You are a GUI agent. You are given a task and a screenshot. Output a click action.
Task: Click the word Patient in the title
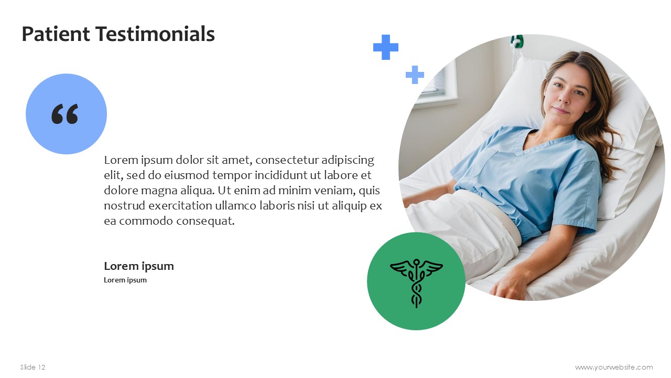tap(56, 34)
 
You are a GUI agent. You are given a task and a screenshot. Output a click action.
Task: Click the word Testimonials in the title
tap(155, 34)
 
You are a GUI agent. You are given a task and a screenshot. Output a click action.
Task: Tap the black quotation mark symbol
tap(64, 114)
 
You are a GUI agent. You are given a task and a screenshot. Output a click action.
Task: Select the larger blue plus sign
tap(386, 47)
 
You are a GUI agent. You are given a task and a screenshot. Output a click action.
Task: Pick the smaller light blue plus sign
tap(415, 75)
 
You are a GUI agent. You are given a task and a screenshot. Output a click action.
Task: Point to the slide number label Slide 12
tap(33, 367)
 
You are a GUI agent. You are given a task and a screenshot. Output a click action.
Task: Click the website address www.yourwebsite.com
tap(614, 367)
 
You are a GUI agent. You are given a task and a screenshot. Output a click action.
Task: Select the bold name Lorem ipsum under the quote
tap(139, 266)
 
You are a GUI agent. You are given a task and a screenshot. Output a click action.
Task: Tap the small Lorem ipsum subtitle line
tap(125, 280)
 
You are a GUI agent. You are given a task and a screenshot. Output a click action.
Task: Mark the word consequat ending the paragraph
tap(205, 222)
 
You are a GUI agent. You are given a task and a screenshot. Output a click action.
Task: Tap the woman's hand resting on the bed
tap(509, 285)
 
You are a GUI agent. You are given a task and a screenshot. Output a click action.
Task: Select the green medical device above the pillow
tap(517, 41)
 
